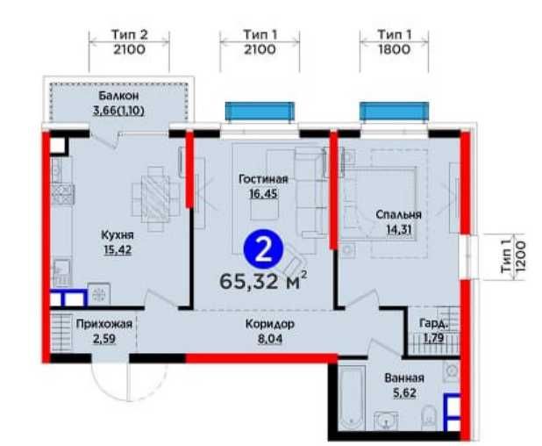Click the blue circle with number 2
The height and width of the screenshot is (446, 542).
coord(263,249)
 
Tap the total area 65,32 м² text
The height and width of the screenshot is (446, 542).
coord(263,281)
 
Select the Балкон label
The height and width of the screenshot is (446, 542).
coord(118,96)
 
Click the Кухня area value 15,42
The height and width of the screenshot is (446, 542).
coord(118,249)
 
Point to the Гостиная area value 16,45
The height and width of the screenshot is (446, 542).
coord(263,193)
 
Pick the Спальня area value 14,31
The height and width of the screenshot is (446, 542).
coord(399,229)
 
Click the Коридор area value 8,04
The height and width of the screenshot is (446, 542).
coord(270,338)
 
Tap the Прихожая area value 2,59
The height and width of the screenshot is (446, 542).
coord(104,338)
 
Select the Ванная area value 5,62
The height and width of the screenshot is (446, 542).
coord(404,392)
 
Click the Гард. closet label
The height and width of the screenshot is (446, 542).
coord(434,323)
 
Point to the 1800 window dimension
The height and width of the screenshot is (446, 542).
coord(394,49)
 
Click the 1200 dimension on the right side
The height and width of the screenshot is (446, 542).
coord(521,257)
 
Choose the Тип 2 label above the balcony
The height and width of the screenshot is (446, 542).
coord(129,34)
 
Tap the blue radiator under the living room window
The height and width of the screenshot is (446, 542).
coord(260,111)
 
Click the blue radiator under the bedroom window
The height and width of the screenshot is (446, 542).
coord(394,111)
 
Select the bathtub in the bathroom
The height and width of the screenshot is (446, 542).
coord(352,398)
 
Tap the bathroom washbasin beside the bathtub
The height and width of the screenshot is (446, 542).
coord(386,421)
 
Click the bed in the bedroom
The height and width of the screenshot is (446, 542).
coord(381,203)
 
